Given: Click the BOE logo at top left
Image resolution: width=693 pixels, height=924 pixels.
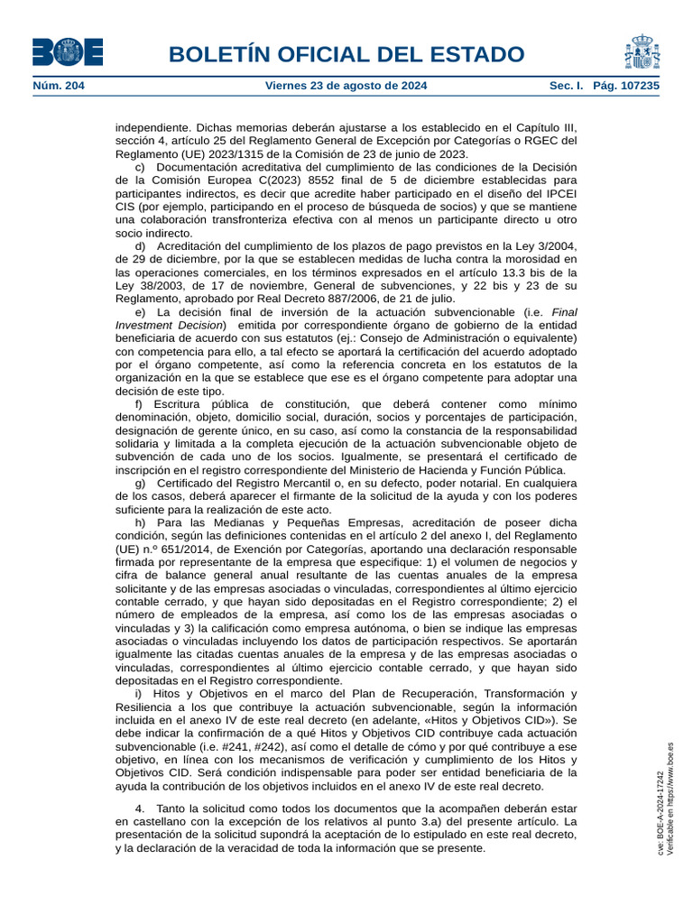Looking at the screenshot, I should click(x=68, y=52).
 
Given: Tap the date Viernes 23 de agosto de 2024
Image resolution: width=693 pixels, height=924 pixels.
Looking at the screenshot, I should click(x=346, y=86).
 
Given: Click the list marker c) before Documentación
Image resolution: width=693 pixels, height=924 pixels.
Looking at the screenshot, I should click(x=140, y=167).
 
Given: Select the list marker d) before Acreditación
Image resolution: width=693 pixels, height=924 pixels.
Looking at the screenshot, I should click(x=140, y=246).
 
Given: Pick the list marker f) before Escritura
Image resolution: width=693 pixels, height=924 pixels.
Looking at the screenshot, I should click(x=139, y=403).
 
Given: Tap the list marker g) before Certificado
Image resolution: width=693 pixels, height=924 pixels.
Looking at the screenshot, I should click(x=140, y=483).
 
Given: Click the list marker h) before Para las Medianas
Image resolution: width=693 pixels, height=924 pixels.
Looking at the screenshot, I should click(x=140, y=522).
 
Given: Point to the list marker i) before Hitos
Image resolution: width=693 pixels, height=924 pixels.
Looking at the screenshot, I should click(x=139, y=693).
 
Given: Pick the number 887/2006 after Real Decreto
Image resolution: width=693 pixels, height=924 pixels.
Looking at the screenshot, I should click(x=356, y=299).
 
